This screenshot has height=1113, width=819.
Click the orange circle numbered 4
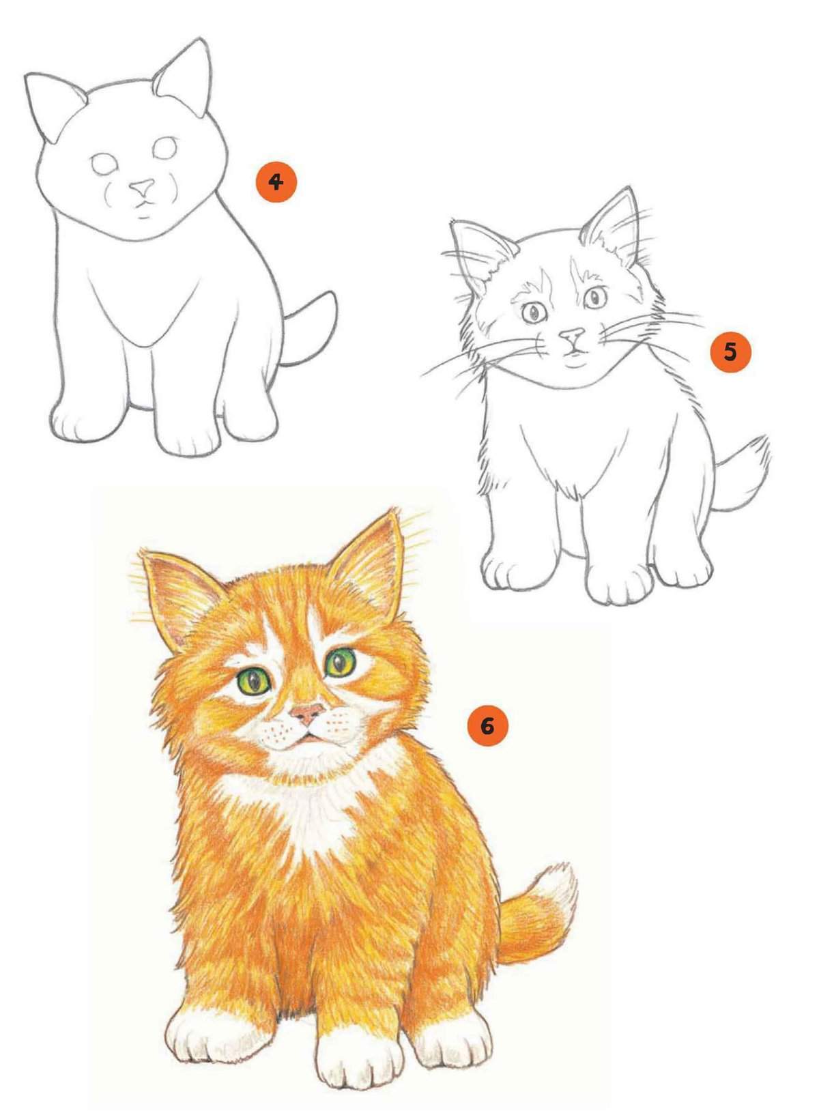coord(276,182)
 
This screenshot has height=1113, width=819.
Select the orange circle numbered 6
coord(487,727)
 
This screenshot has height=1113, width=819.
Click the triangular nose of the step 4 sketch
coord(142,187)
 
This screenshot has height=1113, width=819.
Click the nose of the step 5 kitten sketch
coord(573,336)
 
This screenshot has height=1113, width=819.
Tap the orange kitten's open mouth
coord(308,740)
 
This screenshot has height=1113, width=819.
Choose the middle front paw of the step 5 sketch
coord(620,579)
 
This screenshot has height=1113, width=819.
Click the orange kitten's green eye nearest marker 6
coord(341,663)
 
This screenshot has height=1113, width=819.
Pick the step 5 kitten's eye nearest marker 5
coord(595,298)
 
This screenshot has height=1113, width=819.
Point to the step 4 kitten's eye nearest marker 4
coord(165,147)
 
